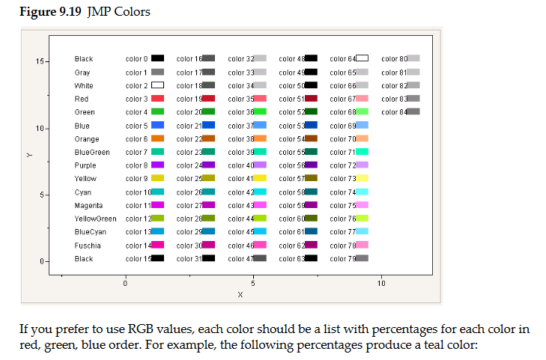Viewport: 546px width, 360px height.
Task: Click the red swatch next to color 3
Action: tap(157, 98)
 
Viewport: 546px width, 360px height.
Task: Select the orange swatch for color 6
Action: tap(157, 138)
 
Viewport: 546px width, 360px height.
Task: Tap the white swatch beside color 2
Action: tap(157, 85)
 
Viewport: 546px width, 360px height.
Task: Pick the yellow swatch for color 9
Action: tap(157, 179)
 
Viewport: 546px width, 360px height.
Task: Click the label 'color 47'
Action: tap(240, 258)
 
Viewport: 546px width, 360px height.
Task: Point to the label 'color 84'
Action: tap(393, 112)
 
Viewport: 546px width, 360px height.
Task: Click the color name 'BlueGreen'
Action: tap(92, 152)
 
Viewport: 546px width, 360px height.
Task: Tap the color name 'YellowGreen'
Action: tap(95, 219)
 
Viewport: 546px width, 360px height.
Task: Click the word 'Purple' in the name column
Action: tap(85, 165)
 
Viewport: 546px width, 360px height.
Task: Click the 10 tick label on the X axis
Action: tap(382, 284)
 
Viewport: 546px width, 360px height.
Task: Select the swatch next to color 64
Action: tap(362, 58)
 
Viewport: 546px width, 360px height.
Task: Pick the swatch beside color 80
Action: tap(413, 58)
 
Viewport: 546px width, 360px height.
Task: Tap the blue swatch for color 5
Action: tap(157, 125)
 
